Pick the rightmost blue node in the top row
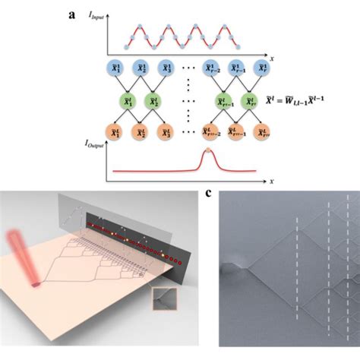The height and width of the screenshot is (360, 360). (262, 71)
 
